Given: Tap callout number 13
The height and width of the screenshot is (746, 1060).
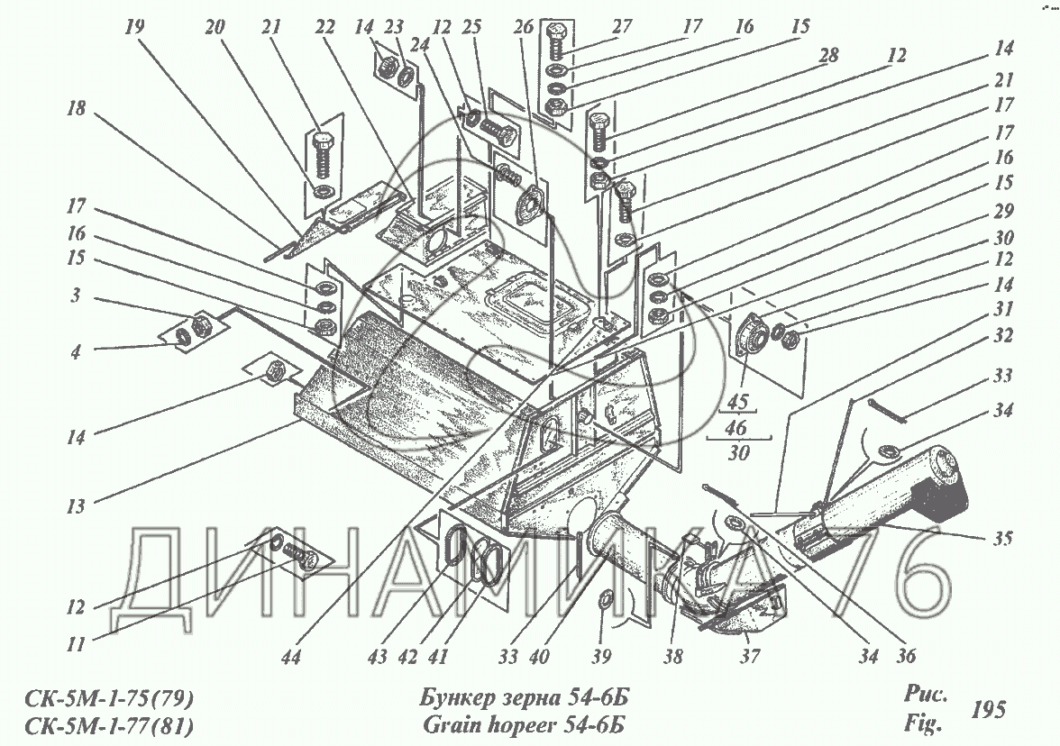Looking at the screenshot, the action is tap(76, 506).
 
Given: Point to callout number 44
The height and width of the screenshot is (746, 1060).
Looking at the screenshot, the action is tap(290, 656).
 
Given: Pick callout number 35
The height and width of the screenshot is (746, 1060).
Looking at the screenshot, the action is tap(1003, 538).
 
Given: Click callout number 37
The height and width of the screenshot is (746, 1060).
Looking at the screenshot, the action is tap(750, 656).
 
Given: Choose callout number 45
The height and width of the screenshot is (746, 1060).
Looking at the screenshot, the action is tap(737, 402).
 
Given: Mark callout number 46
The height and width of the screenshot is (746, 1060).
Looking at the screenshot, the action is tap(737, 427).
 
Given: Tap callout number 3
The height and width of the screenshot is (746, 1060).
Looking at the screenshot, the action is tap(76, 295).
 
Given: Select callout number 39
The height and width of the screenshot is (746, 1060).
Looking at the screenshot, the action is tap(601, 656).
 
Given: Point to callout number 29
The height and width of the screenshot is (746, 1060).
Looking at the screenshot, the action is tap(1003, 211).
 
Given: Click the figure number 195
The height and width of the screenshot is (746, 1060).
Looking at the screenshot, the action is tap(989, 710).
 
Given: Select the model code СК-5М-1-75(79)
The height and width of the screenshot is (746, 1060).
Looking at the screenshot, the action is tap(109, 697).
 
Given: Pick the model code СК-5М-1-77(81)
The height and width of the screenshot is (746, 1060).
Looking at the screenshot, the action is tap(109, 726).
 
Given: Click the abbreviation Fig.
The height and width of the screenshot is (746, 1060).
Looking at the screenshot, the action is tap(923, 723).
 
